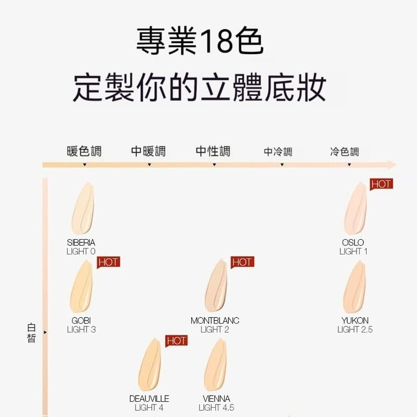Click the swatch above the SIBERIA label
83,208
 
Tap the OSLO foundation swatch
355,208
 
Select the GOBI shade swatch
81,286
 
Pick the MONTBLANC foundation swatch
216,286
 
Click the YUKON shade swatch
354,287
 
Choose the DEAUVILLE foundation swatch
150,364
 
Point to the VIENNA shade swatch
215,364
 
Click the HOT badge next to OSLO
382,184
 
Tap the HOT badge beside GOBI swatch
108,262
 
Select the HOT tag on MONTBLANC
242,262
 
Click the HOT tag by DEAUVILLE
177,341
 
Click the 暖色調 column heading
84,151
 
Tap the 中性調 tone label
213,151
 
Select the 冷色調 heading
345,152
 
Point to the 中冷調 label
278,152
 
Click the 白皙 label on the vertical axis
32,333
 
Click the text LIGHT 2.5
355,329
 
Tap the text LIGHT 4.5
216,408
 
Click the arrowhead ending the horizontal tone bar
393,165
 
